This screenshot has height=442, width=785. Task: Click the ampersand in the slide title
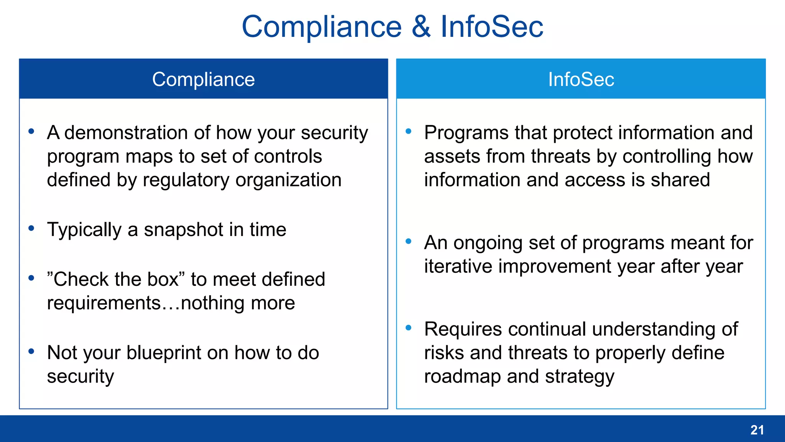pos(421,27)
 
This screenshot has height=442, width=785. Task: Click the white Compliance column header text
pos(203,79)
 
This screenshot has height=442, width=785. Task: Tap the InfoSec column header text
pos(581,79)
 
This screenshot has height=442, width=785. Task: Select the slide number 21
pos(757,430)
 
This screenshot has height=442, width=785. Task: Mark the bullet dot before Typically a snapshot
pos(31,229)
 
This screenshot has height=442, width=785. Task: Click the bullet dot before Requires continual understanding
pos(409,328)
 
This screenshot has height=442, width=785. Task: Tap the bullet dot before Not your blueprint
pos(31,351)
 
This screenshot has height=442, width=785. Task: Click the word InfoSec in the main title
pos(492,27)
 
